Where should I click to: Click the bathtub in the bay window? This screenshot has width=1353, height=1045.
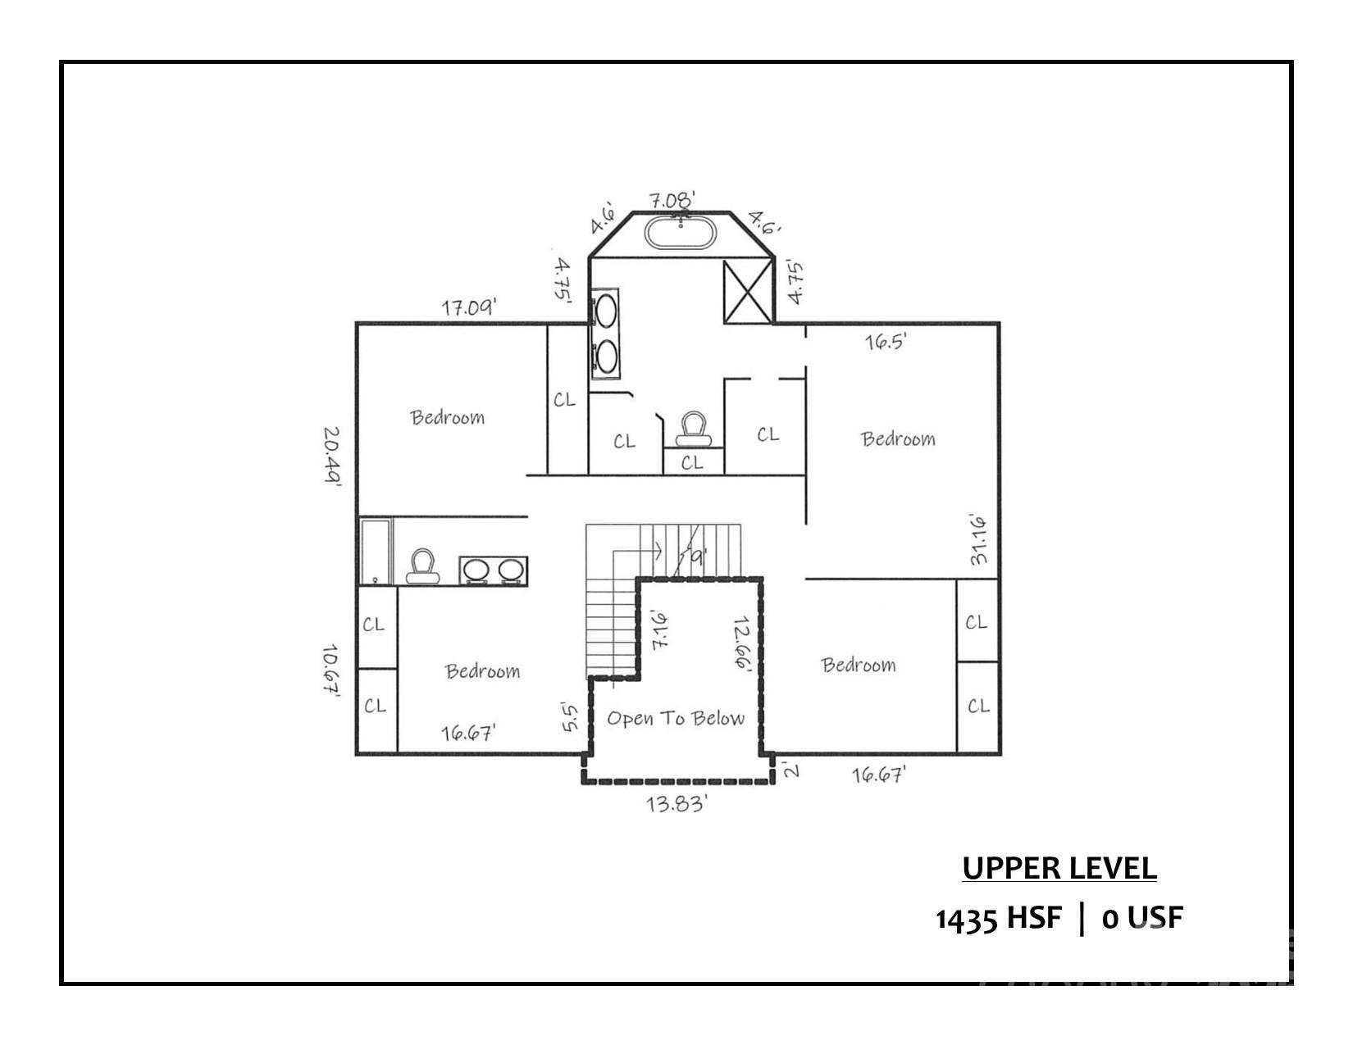click(x=681, y=233)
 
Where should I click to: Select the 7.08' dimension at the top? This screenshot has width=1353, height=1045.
click(x=672, y=199)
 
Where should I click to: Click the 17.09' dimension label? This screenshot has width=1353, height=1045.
click(x=469, y=308)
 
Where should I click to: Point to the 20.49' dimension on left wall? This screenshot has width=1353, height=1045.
click(x=331, y=456)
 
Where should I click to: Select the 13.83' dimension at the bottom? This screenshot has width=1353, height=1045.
click(x=676, y=804)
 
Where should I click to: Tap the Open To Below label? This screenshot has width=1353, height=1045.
click(x=676, y=719)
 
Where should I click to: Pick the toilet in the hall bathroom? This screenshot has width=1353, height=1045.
click(x=421, y=566)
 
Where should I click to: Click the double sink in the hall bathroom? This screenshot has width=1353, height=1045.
click(x=493, y=570)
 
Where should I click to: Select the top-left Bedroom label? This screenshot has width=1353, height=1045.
click(x=447, y=417)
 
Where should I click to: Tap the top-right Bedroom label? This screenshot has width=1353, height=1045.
click(x=898, y=439)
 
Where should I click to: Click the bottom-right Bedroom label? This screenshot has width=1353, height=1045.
click(x=859, y=665)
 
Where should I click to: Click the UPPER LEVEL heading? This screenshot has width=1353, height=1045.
click(x=1059, y=868)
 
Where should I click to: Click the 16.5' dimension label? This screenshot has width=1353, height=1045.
click(x=886, y=342)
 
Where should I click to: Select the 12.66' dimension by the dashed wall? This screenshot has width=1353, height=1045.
click(x=742, y=644)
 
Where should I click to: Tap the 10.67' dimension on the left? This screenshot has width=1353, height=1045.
click(x=331, y=670)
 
